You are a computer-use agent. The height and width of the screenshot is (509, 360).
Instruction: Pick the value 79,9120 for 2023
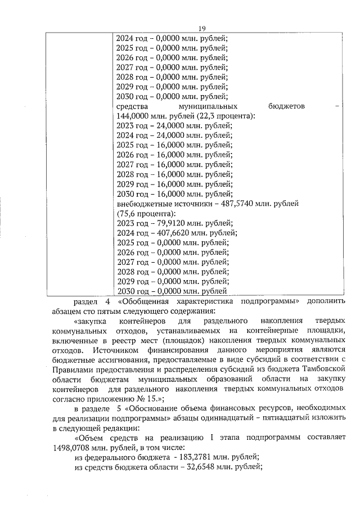point(167,223)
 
